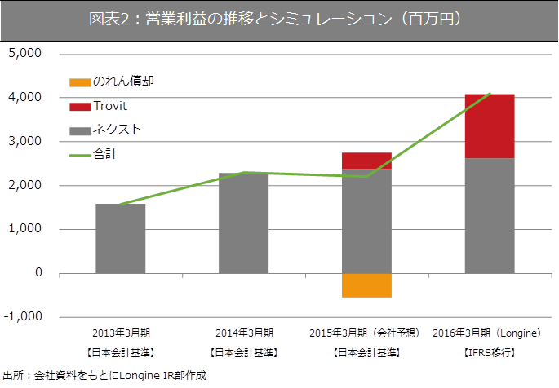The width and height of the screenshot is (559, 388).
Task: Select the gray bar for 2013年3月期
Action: pos(121,238)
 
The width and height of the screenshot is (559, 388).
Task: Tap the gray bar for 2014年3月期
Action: pos(243,223)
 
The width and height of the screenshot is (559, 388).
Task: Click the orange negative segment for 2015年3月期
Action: pos(366,285)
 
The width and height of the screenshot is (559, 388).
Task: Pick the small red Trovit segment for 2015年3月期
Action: pos(366,161)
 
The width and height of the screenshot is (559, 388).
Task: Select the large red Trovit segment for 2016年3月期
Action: pos(490,126)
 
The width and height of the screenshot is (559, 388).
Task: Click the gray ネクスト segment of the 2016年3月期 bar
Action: pos(490,216)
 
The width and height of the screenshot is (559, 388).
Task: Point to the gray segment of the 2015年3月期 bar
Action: pos(366,220)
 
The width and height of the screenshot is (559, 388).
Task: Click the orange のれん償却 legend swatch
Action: pos(80,82)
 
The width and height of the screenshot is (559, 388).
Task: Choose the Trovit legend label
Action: pos(110,106)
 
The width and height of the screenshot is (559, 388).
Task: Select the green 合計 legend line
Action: pos(80,153)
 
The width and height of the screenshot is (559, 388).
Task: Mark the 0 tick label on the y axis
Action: pos(38,273)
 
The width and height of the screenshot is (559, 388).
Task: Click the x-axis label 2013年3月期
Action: pos(121,333)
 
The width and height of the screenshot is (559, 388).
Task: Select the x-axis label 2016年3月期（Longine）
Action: pos(488,333)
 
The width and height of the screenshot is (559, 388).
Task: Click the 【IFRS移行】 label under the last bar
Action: pos(488,352)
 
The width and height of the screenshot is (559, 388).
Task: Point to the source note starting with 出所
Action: pos(104,376)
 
